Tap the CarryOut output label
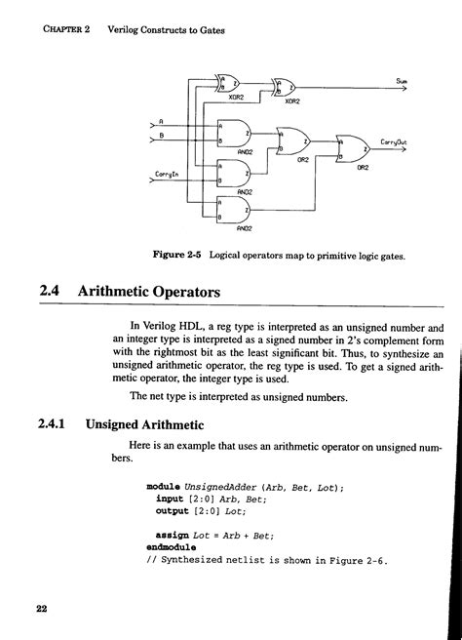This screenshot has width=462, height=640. (x=394, y=140)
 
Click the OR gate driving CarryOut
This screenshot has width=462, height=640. (x=352, y=147)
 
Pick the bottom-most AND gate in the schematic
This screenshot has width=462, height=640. (x=234, y=210)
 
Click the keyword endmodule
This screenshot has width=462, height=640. (x=171, y=547)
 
